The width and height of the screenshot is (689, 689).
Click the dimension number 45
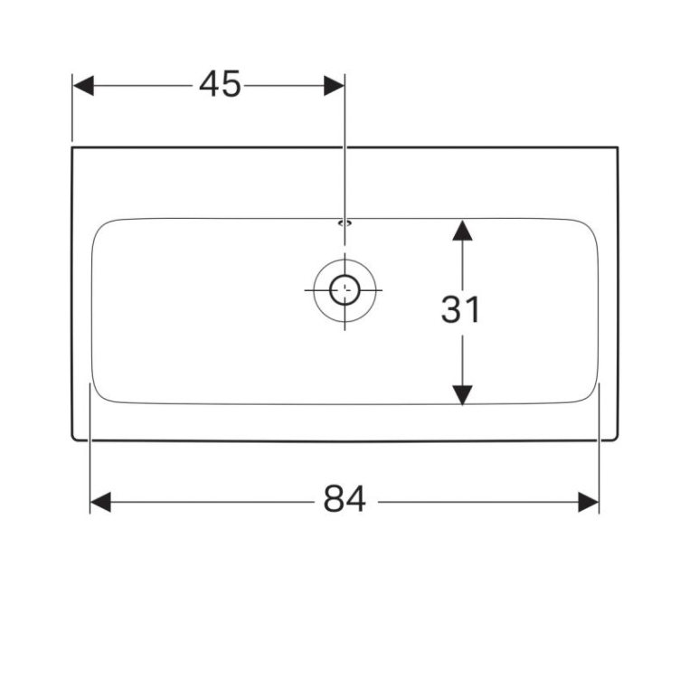tap(220, 84)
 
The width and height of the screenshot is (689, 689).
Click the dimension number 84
tap(344, 499)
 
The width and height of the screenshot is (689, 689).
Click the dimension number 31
tap(460, 310)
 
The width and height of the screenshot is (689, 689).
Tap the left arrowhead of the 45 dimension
tap(83, 85)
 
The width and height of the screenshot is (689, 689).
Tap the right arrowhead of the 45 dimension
tap(334, 85)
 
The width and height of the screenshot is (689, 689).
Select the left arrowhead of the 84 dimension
tap(100, 502)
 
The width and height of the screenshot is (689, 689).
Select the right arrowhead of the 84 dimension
tap(589, 502)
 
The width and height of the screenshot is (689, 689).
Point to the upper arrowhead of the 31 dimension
tap(462, 231)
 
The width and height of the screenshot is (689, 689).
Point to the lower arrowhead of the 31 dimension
tap(462, 394)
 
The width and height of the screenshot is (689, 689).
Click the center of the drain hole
tap(344, 290)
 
